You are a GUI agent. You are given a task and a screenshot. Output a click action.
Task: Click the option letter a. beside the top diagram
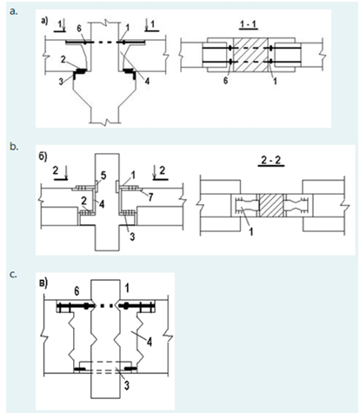(13, 11)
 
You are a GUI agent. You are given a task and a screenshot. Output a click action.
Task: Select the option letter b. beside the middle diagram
(14, 146)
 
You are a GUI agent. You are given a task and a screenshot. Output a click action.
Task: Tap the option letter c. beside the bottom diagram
(13, 275)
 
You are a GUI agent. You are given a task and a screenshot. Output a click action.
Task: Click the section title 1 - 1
(249, 24)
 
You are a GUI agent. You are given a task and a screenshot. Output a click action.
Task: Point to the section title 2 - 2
(271, 160)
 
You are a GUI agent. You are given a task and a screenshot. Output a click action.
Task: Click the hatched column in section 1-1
(250, 55)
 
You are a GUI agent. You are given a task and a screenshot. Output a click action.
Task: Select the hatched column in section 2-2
(270, 205)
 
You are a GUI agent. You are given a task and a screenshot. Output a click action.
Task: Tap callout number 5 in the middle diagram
(103, 175)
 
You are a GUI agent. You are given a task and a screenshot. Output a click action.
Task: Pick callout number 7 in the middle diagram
(150, 197)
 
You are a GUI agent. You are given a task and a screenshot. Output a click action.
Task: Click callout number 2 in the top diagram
(63, 59)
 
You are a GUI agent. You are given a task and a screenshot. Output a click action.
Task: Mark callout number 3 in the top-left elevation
(61, 81)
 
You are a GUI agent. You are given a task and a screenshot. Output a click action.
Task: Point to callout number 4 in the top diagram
(147, 81)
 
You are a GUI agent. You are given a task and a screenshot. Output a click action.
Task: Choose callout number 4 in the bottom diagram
(149, 343)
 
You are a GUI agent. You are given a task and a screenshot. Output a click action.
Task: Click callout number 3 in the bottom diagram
(127, 386)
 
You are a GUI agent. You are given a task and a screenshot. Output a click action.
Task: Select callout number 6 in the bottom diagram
(77, 291)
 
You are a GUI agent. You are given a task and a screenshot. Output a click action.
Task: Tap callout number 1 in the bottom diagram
(126, 288)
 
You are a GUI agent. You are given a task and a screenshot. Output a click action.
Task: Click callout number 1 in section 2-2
(251, 231)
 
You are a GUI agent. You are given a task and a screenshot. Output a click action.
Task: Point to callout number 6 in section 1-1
(225, 81)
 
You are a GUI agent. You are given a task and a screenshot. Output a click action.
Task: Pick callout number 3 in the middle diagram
(132, 236)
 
